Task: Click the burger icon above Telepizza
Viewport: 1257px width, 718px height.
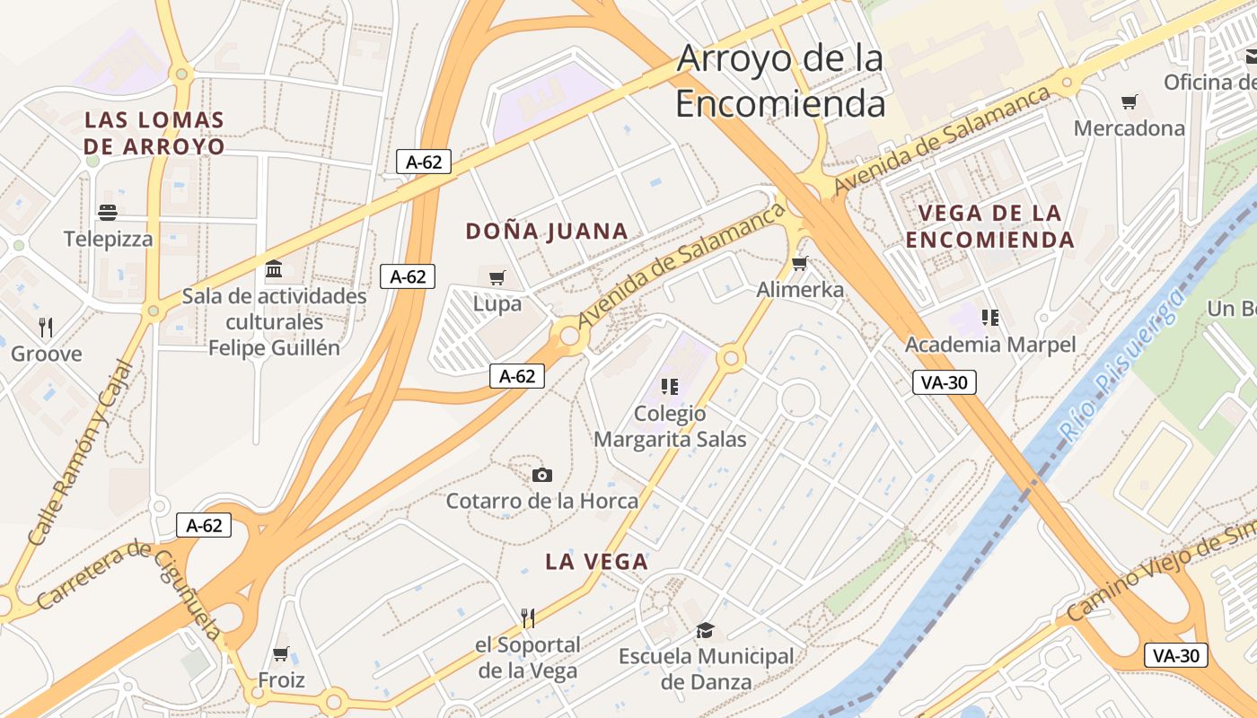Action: pos(108,213)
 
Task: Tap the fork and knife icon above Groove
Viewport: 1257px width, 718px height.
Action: pos(47,327)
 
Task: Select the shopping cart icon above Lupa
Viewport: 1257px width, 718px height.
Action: pos(497,277)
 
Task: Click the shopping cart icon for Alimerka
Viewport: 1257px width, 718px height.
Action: pos(799,263)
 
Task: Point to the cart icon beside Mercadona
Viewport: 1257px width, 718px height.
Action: pos(1129,101)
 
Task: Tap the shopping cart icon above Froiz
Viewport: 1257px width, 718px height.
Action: pos(281,653)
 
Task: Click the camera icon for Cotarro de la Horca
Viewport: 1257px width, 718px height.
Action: pos(541,475)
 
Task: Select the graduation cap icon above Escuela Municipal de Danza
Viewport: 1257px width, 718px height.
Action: pos(705,630)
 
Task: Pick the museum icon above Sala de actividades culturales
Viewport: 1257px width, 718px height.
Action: pos(274,269)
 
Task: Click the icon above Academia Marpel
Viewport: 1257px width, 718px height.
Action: pos(990,317)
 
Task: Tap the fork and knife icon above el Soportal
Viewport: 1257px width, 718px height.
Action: pos(528,617)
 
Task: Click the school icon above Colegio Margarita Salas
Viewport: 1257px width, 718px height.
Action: pos(669,387)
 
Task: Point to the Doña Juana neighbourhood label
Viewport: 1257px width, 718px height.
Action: pos(546,232)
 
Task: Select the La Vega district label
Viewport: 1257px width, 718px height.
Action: pos(596,562)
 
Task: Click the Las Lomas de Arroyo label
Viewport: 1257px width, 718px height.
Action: pos(154,133)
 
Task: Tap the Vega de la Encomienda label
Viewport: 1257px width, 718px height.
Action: pos(989,226)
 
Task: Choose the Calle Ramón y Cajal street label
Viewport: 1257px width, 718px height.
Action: pos(79,454)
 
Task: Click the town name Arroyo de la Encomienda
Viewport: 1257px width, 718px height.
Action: pos(779,81)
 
